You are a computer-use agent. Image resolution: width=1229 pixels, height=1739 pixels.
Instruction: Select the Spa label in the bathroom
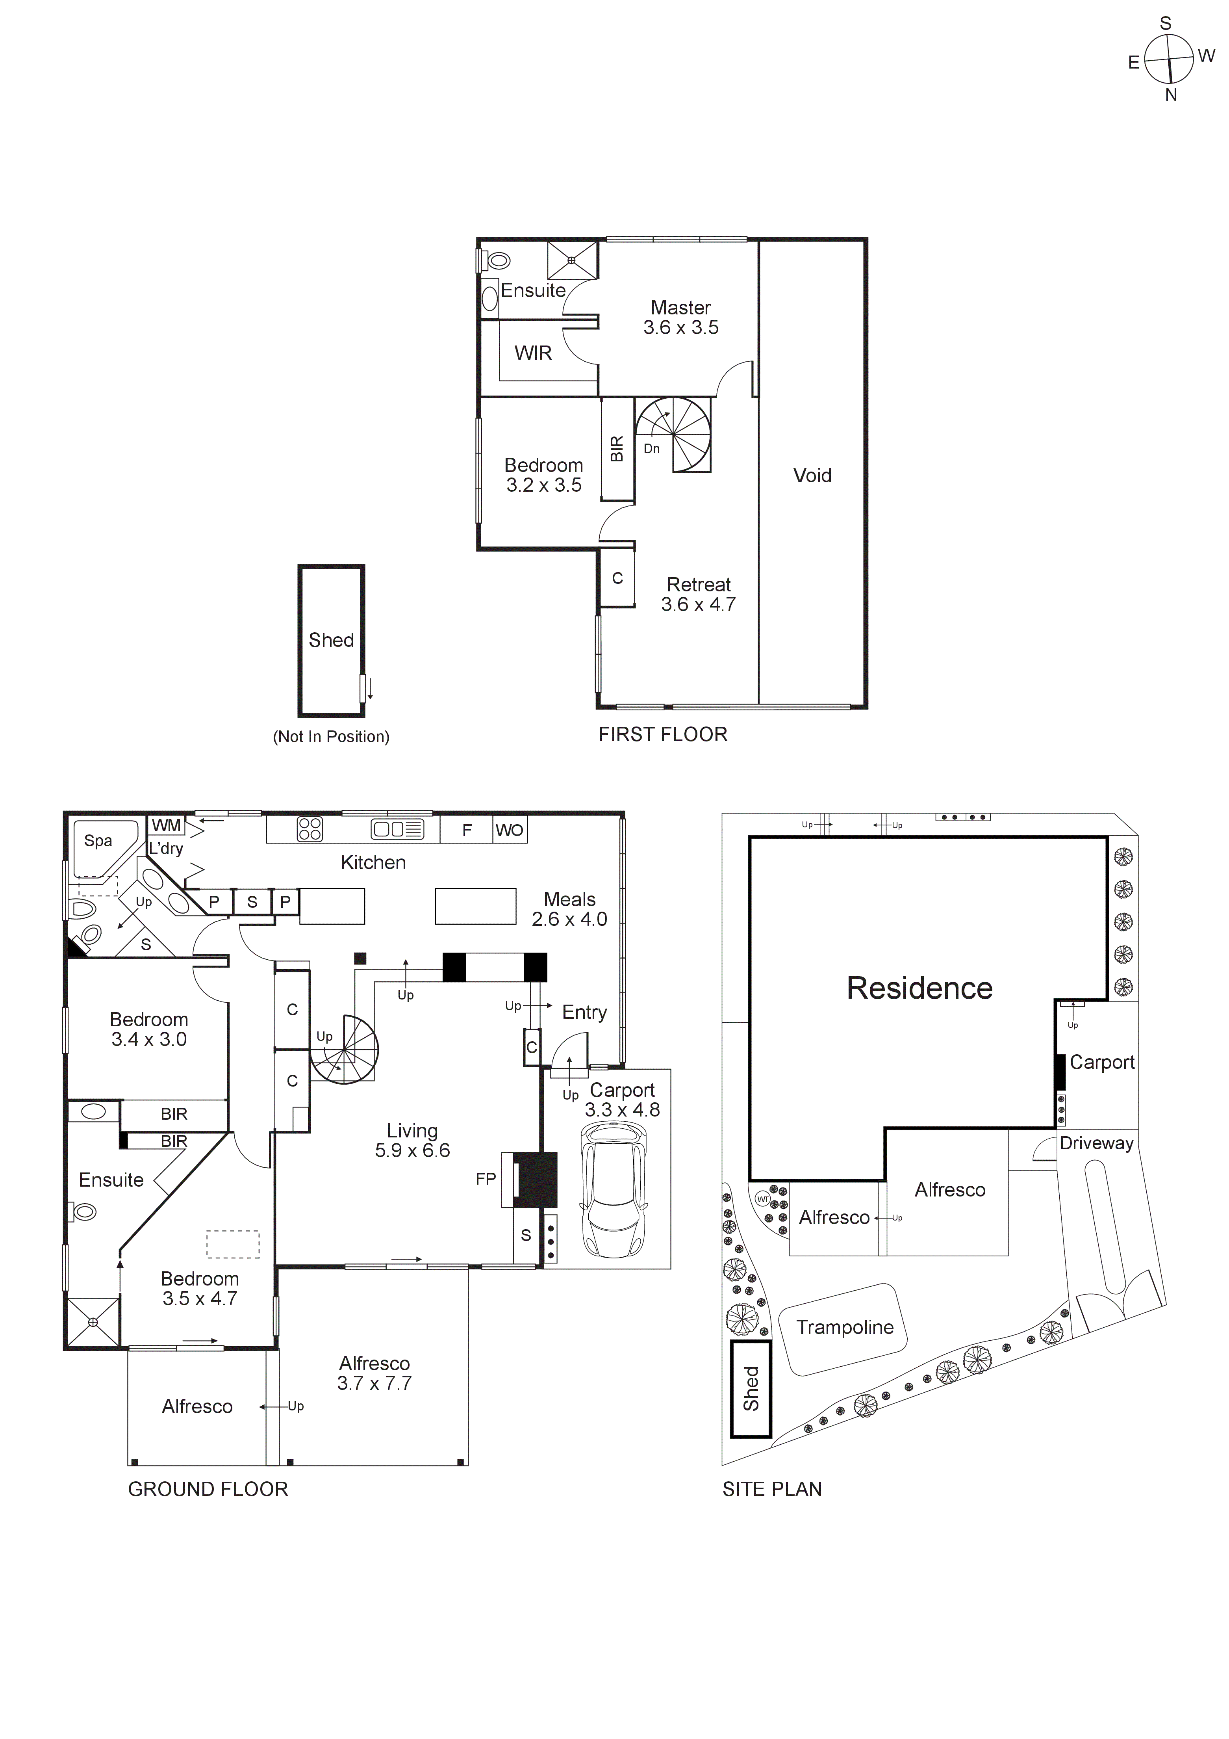point(98,841)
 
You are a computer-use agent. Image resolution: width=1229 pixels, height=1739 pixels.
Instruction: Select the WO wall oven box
point(509,830)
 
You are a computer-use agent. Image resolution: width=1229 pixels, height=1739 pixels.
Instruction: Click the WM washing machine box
point(167,825)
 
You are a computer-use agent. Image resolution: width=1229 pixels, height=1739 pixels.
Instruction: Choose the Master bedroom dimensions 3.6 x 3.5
point(681,328)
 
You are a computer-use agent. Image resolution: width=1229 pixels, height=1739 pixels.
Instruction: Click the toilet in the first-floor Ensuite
point(496,260)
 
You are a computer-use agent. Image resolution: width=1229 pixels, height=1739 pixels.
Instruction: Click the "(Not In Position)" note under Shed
point(331,737)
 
